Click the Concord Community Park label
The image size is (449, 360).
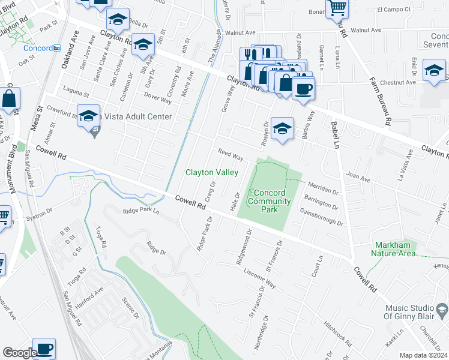[265, 202]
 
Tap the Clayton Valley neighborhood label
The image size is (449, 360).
[211, 172]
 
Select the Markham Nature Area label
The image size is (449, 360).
[394, 249]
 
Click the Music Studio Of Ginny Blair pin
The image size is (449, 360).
[442, 310]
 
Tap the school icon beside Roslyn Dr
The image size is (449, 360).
[282, 128]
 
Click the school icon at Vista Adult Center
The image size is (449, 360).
[89, 115]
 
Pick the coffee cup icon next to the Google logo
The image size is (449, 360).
[44, 348]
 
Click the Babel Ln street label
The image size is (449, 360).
[335, 135]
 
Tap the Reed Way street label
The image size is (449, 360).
[230, 155]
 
